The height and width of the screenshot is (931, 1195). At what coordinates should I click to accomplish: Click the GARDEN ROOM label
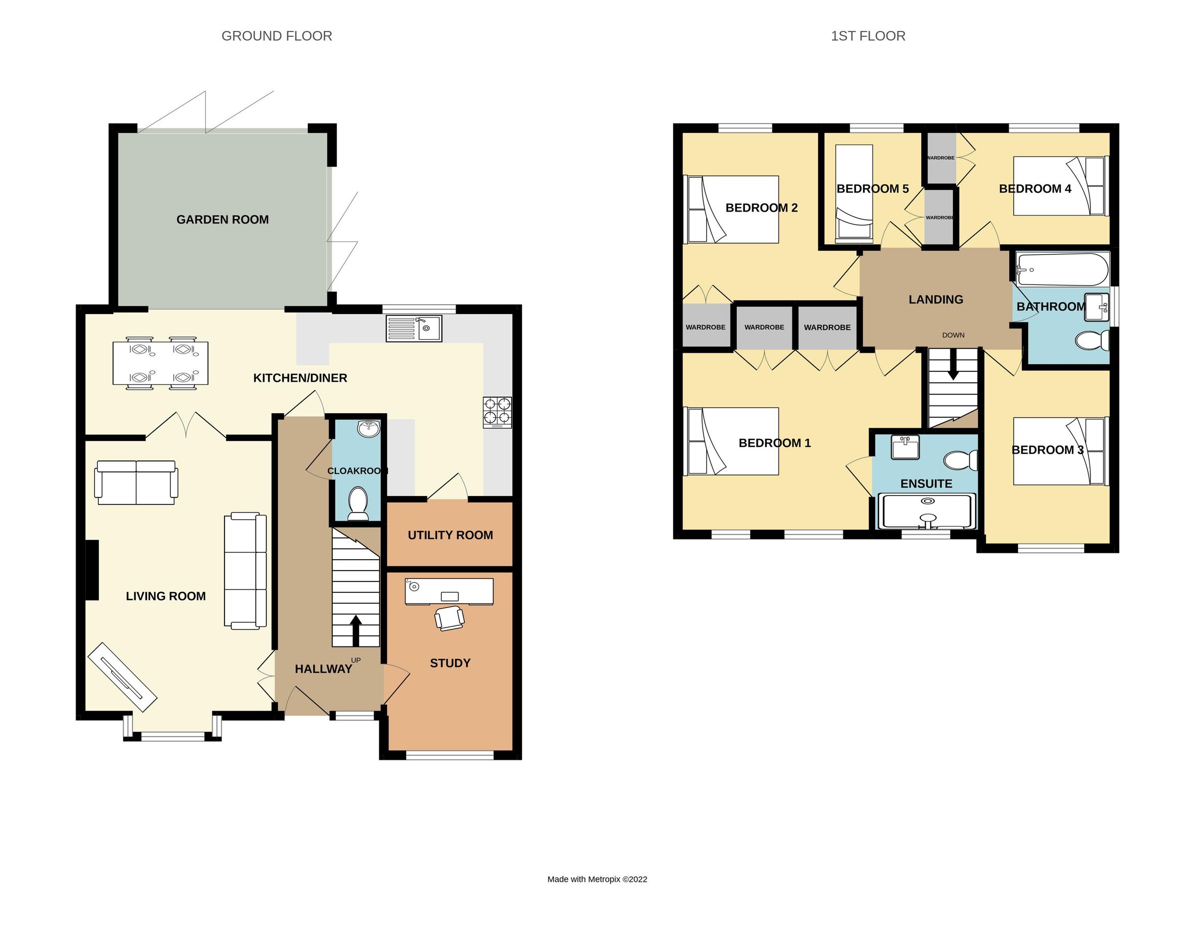(x=222, y=219)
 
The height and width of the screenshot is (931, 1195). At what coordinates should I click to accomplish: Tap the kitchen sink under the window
(x=414, y=329)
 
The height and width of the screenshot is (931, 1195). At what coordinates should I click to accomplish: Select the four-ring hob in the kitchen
(x=497, y=412)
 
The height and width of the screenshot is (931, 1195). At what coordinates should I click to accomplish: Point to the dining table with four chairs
(x=160, y=363)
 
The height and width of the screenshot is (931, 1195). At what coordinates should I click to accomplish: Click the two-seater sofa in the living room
(x=136, y=483)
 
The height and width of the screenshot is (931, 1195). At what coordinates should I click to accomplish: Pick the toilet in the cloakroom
(x=358, y=502)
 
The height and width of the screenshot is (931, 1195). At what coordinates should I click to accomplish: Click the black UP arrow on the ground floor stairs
(x=356, y=630)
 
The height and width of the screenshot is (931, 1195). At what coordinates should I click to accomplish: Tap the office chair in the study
(x=449, y=618)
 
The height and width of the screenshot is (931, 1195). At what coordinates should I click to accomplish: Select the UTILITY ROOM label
(x=450, y=535)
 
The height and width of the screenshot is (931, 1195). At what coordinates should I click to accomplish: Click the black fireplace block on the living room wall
(x=92, y=569)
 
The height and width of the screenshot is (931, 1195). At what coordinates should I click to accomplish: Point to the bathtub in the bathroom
(x=1062, y=269)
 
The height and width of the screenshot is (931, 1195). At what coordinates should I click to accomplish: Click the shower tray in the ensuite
(x=927, y=512)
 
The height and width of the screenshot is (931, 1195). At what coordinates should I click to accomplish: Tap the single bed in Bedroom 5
(x=854, y=193)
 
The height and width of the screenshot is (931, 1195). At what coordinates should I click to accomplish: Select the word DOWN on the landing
(x=953, y=335)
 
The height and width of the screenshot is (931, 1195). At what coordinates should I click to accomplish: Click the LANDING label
(x=936, y=299)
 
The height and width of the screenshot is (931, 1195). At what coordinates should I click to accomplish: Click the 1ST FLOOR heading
(x=868, y=36)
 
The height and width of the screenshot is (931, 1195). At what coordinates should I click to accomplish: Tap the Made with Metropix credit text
(x=597, y=879)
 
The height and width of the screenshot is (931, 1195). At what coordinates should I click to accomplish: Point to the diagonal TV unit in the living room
(x=123, y=677)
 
